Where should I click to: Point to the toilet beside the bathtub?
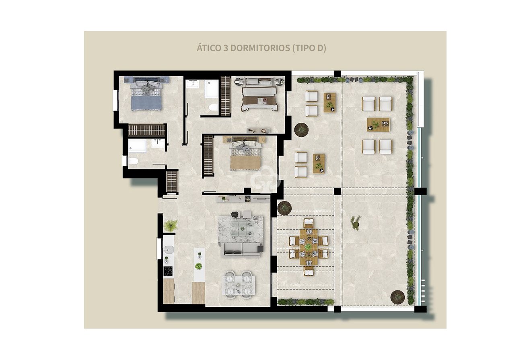point(213,107)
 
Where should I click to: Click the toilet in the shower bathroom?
point(133,161)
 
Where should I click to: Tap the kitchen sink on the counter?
point(169,249)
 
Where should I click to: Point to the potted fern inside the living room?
point(171,226)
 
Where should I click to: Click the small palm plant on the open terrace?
point(356,222)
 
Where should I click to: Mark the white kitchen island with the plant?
point(199,265)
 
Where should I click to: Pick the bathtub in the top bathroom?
point(212,88)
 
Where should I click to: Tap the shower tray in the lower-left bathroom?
point(137,146)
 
